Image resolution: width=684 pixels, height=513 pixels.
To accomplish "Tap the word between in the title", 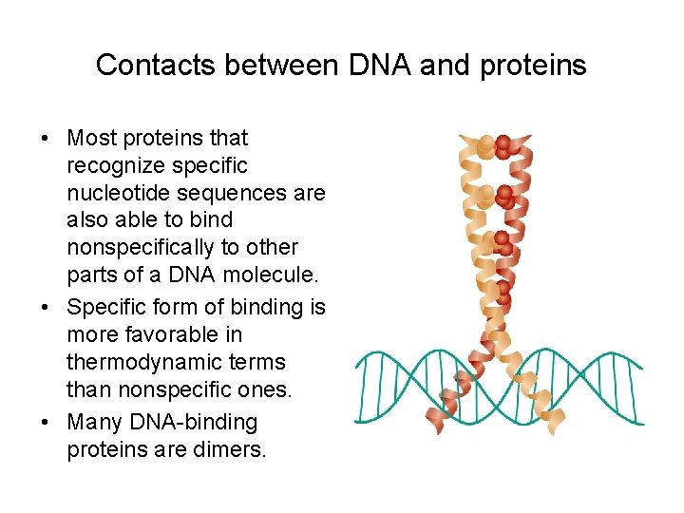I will pos(275,66).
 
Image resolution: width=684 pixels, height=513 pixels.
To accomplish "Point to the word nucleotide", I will pos(112,194).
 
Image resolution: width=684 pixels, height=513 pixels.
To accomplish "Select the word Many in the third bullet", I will pos(92,421).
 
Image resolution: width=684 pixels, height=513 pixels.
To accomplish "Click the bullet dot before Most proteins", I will pos(46,139).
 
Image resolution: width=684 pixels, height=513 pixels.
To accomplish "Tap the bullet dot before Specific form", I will pos(46,308).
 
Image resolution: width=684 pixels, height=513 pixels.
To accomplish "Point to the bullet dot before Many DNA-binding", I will pos(46,421).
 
